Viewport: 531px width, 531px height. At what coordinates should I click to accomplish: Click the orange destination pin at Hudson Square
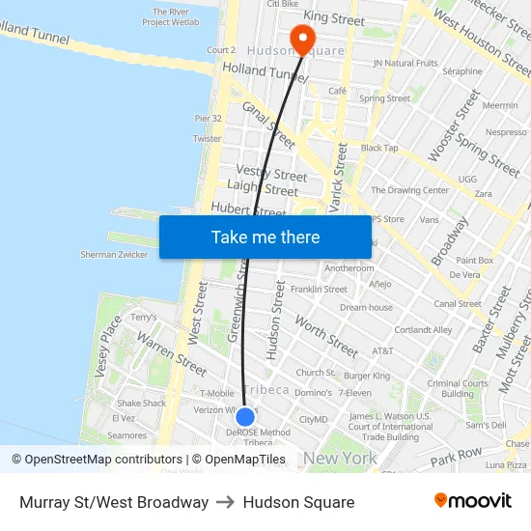click(302, 40)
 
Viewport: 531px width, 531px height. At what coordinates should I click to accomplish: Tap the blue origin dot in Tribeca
click(245, 417)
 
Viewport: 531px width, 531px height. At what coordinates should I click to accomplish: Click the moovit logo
click(473, 501)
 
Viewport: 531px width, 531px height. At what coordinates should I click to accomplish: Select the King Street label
click(334, 18)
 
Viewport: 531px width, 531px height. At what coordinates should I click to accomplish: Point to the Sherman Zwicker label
click(114, 255)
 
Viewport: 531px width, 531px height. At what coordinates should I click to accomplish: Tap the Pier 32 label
click(208, 119)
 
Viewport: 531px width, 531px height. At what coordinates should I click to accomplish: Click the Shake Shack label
click(141, 404)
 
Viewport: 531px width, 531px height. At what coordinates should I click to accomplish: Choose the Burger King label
click(367, 376)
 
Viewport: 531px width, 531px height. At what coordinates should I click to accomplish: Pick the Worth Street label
click(326, 335)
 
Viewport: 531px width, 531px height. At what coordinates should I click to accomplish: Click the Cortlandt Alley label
click(423, 329)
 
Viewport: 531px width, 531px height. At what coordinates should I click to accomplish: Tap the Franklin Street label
click(319, 289)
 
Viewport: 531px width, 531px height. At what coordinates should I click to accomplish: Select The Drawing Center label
click(409, 190)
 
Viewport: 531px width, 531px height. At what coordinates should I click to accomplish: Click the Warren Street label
click(172, 353)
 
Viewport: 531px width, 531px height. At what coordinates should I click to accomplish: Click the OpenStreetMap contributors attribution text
click(97, 460)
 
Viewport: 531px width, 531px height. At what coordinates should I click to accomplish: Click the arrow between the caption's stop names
click(226, 502)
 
